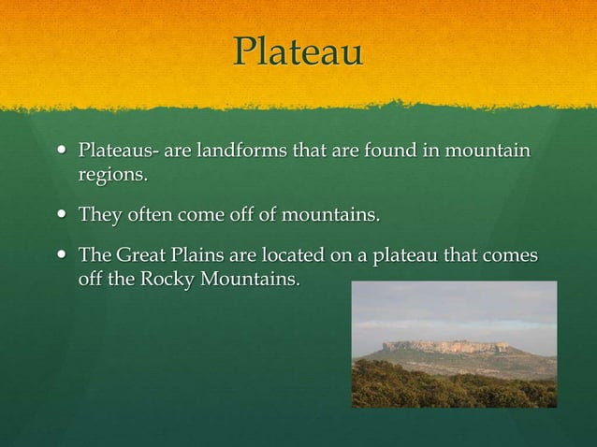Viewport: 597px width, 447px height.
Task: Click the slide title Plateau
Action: (x=298, y=51)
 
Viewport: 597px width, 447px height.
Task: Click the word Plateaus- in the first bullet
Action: (x=119, y=151)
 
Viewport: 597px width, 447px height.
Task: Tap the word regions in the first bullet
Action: (x=111, y=174)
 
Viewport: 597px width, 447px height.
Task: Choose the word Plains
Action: (x=199, y=256)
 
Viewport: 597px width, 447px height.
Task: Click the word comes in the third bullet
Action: (x=511, y=256)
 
